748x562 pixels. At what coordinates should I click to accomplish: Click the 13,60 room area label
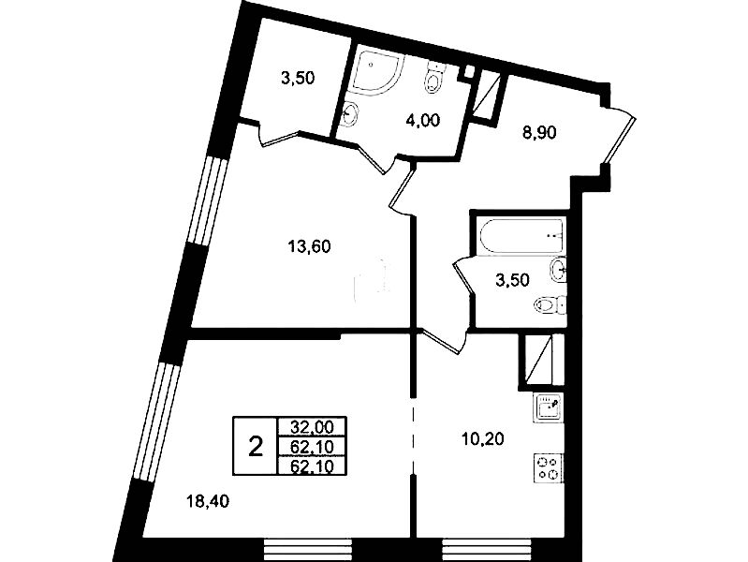pos(309,247)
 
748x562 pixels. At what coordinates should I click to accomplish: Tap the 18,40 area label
pos(207,501)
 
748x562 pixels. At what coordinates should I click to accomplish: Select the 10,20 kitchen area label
pos(482,438)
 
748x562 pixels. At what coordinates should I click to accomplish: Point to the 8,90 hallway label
pos(539,132)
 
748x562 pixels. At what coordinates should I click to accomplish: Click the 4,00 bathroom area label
pos(422,120)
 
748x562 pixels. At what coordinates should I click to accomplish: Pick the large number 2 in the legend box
pos(257,448)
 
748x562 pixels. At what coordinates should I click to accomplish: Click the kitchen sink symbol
pos(548,407)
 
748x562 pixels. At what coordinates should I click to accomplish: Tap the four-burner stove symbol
pos(548,468)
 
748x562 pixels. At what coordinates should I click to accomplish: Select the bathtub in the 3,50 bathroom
pos(521,236)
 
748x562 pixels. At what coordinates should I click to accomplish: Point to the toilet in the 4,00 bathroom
pos(434,78)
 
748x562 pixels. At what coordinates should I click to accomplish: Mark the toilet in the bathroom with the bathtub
pos(550,304)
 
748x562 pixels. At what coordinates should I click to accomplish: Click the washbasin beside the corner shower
pos(351,114)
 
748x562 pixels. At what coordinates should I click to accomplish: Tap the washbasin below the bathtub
pos(558,270)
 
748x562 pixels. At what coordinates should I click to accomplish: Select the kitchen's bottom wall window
pos(487,550)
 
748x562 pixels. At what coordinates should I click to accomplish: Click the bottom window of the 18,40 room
pos(308,550)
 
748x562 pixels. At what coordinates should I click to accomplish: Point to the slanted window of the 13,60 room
pos(209,200)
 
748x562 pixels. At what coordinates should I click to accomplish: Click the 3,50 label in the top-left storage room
pos(298,78)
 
